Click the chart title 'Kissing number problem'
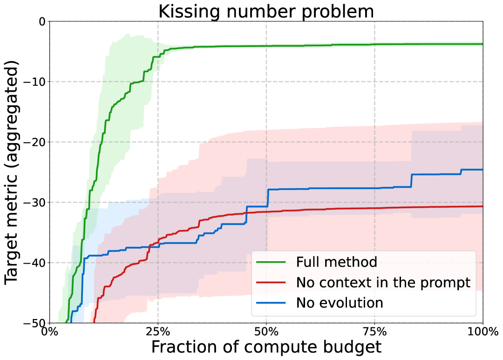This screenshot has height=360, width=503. pos(266,11)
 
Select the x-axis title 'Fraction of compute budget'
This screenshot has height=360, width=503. pos(266,347)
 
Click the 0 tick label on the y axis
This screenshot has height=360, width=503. pos(41,21)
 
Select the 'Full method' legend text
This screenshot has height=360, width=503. pos(336,262)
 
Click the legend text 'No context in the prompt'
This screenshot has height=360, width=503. pos(383,282)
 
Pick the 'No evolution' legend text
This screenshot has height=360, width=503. pos(340,303)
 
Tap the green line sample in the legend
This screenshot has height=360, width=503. pos(272,262)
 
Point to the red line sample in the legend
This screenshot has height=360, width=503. pos(272,283)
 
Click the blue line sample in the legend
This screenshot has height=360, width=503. pos(272,303)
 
